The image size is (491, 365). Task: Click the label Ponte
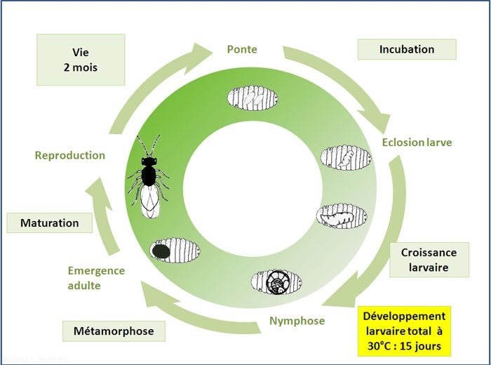click(242, 50)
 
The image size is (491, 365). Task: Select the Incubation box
click(406, 50)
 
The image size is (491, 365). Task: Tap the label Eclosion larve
click(417, 142)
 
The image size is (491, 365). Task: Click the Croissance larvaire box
click(429, 260)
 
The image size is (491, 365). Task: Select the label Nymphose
click(297, 321)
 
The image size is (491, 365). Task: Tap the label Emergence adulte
click(96, 278)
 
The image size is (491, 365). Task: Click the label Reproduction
click(69, 155)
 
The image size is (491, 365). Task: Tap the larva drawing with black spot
click(175, 248)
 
